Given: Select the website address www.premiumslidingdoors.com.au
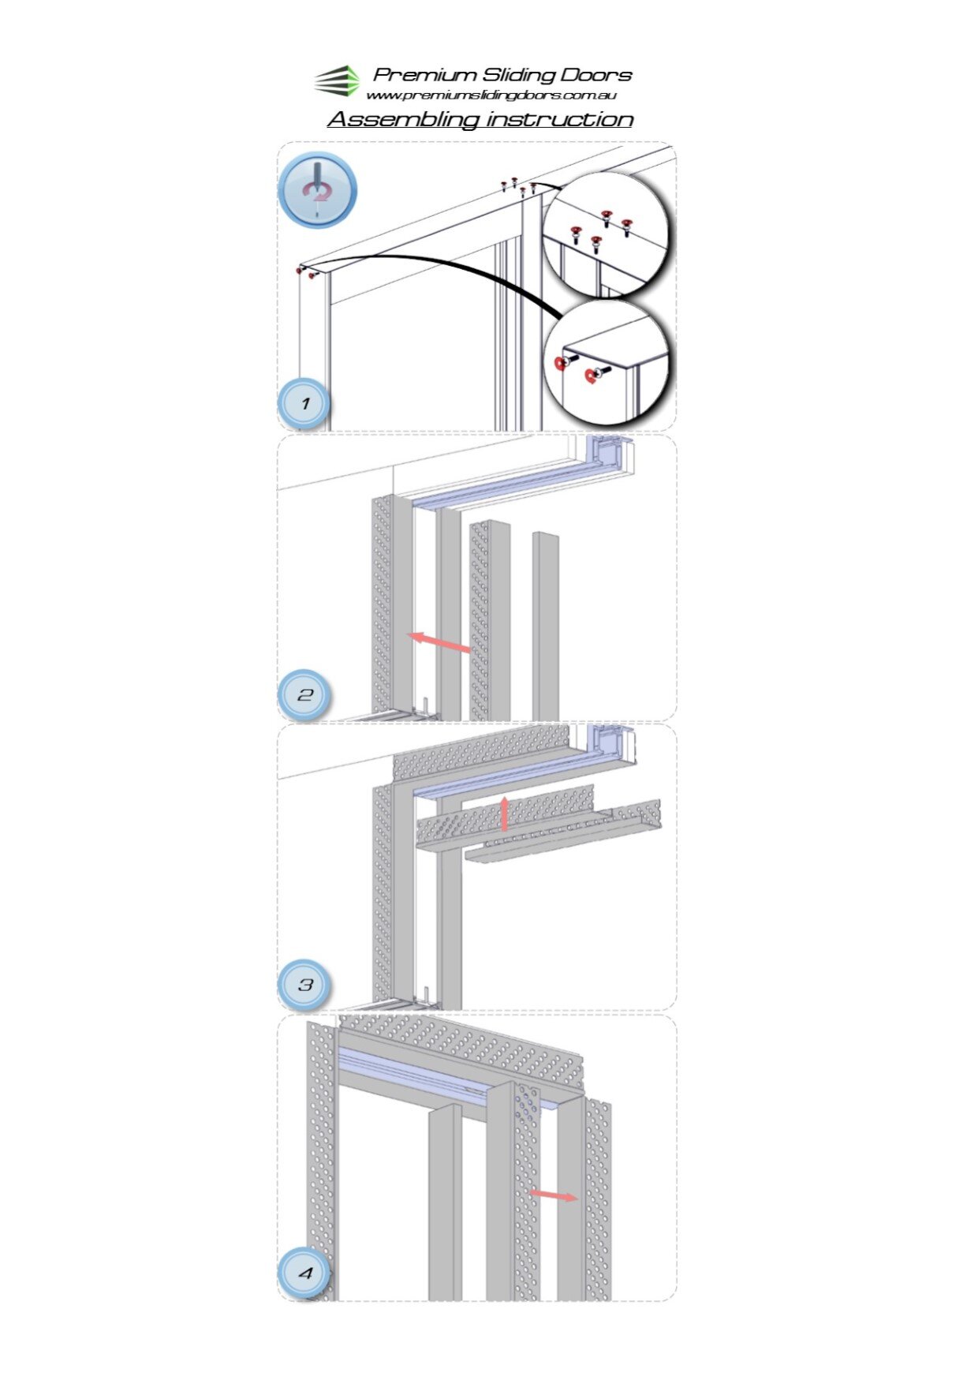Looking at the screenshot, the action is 491,95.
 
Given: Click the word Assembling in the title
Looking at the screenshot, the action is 403,119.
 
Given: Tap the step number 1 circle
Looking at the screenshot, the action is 305,404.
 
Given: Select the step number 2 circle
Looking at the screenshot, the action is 305,695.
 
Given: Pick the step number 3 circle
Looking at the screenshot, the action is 305,985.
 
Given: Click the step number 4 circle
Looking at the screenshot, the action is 305,1273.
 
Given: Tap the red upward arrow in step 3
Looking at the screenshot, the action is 505,814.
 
